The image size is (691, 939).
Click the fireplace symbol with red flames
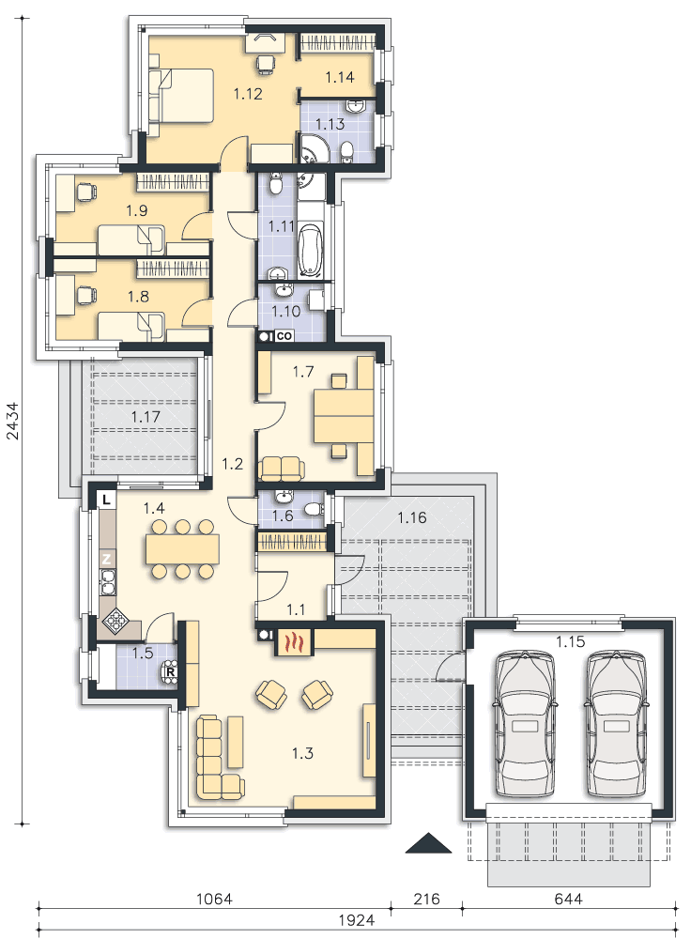(x=294, y=642)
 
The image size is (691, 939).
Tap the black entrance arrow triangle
(x=428, y=842)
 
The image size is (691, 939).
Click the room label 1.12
(x=248, y=93)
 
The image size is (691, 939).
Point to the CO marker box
(x=284, y=336)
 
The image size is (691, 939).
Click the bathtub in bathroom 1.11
(x=311, y=250)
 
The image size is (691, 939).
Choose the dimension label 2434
(x=13, y=421)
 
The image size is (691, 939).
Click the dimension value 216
(x=426, y=899)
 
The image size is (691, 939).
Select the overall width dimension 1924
(x=356, y=920)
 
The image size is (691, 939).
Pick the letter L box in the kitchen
(x=106, y=500)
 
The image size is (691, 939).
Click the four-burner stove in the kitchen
(x=114, y=623)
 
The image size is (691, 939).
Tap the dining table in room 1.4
(x=182, y=549)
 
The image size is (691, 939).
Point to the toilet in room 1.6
(x=314, y=510)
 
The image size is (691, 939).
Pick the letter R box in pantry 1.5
(x=171, y=672)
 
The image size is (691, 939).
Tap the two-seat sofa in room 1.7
(x=282, y=469)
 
